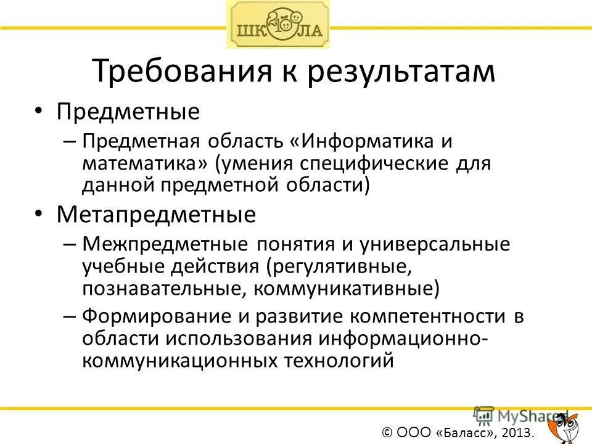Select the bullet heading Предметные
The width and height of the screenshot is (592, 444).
pyautogui.click(x=128, y=112)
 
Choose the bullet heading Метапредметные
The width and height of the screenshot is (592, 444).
pyautogui.click(x=156, y=215)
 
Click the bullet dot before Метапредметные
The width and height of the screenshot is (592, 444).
pyautogui.click(x=39, y=213)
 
